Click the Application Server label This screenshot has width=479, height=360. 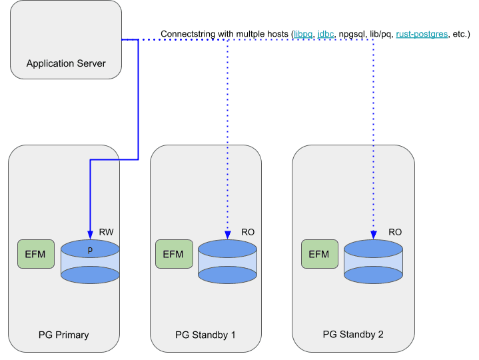click(66, 64)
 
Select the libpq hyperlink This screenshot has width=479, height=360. click(304, 34)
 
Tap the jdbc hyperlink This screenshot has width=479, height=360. click(326, 34)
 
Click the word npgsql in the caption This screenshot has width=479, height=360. click(354, 34)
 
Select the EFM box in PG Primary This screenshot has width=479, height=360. click(36, 253)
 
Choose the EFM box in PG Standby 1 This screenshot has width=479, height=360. click(173, 253)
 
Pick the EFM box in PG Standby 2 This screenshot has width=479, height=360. click(319, 253)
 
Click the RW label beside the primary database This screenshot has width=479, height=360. click(107, 232)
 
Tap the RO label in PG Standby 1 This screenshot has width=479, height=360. click(248, 232)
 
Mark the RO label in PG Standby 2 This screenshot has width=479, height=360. click(395, 232)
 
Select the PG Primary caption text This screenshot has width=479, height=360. click(63, 334)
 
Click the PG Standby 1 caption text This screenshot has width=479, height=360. click(205, 334)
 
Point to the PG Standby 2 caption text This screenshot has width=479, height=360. click(353, 334)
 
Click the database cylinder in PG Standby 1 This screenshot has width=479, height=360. click(227, 260)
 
